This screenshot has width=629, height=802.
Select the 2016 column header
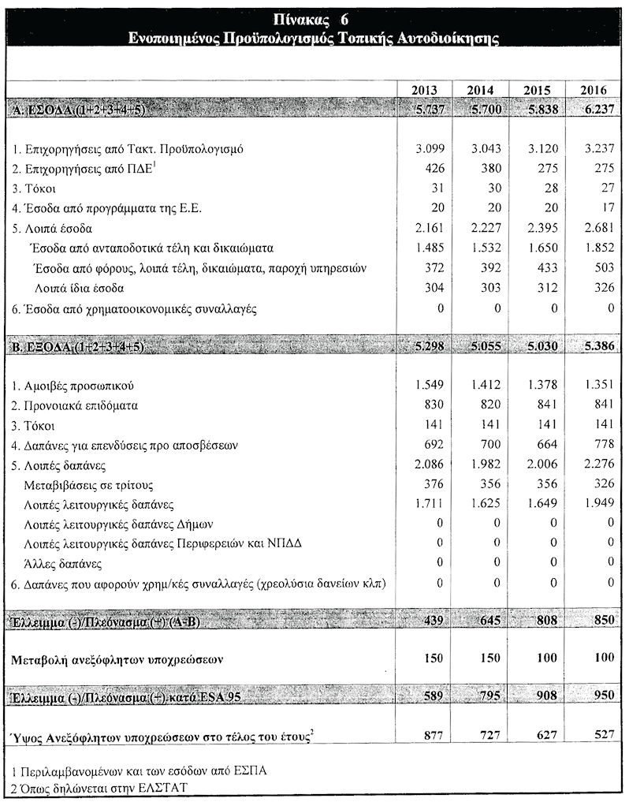pos(593,89)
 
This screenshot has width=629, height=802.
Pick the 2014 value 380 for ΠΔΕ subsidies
pos(483,168)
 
